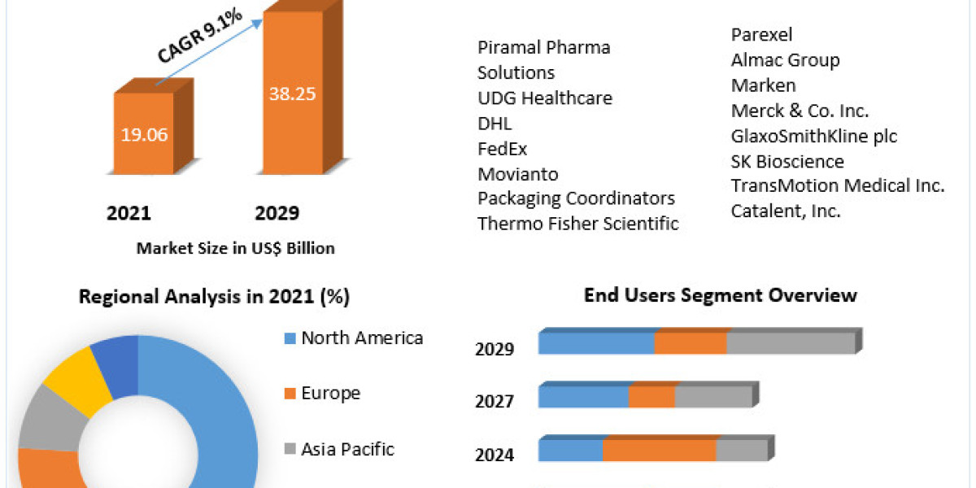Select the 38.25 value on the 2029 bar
coord(292,93)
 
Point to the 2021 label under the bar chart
coord(129,213)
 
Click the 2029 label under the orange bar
coord(277,213)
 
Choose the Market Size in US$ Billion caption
coord(235,248)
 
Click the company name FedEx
coord(502,149)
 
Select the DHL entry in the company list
coord(495,124)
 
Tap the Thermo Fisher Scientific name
coord(577,223)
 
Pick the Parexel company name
coord(761,35)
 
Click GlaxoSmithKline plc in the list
coord(814,136)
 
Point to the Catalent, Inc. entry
coord(786,211)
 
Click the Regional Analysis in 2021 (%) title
coord(214,298)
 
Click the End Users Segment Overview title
coord(720,294)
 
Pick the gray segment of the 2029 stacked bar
coord(790,343)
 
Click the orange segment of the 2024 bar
coord(659,451)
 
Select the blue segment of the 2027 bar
coord(583,397)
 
